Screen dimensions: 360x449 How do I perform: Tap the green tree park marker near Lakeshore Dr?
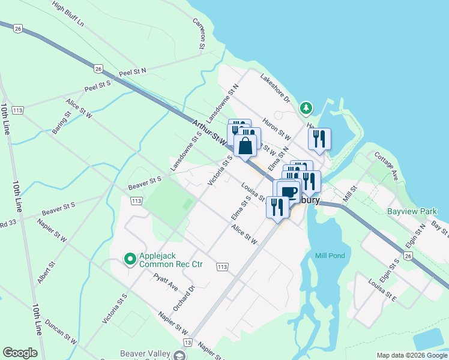click(306, 108)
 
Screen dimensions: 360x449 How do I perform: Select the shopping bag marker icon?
click(246, 145)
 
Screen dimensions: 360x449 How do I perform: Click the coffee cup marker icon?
click(289, 191)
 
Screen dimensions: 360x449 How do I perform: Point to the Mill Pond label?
click(330, 256)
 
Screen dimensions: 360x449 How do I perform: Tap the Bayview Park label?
click(412, 212)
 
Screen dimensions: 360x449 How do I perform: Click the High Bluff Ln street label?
click(68, 14)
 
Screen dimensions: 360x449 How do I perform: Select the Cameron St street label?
click(199, 33)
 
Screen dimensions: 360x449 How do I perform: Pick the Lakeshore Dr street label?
click(276, 88)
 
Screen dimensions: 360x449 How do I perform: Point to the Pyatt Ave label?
click(165, 283)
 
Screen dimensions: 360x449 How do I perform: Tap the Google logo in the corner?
click(20, 353)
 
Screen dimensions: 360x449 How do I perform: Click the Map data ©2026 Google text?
click(412, 355)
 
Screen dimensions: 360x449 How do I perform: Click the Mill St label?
click(350, 193)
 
